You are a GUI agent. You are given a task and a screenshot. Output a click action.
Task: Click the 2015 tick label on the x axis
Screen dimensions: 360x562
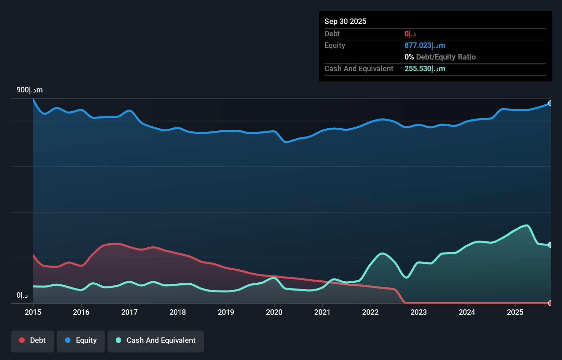tap(33, 312)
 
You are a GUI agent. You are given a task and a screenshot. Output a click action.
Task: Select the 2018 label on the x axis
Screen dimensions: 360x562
tap(178, 312)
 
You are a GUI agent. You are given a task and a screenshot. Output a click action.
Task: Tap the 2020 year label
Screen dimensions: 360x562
tap(274, 312)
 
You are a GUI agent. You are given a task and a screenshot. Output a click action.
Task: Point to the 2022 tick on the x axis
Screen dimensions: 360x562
tap(370, 312)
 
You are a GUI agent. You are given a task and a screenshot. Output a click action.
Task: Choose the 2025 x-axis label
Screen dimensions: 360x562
tap(515, 312)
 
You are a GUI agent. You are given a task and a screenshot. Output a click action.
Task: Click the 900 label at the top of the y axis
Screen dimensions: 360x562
tap(29, 90)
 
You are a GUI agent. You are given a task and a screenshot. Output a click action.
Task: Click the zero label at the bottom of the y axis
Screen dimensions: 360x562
tap(22, 295)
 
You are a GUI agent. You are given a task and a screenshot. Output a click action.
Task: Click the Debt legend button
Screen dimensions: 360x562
tap(33, 340)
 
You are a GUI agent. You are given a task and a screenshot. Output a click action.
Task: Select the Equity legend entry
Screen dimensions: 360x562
tap(81, 340)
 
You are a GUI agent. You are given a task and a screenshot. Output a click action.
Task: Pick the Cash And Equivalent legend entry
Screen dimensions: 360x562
tap(156, 340)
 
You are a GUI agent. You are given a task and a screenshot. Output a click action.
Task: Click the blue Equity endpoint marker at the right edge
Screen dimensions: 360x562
tap(550, 103)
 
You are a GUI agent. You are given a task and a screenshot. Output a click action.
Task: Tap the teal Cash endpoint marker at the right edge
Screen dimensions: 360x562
tap(550, 245)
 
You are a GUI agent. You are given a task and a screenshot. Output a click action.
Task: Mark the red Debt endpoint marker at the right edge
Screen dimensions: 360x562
tap(550, 303)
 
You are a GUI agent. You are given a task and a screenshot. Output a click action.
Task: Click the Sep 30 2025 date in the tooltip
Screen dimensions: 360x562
tap(345, 21)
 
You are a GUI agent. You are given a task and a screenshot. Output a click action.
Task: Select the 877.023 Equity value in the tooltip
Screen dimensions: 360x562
tap(424, 46)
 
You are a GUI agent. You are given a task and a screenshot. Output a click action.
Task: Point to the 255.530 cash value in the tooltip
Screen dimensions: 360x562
tap(424, 69)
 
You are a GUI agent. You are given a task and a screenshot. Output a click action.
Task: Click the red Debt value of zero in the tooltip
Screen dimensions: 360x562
tap(410, 34)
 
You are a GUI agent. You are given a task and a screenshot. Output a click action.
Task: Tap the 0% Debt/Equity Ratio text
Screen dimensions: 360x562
tap(440, 57)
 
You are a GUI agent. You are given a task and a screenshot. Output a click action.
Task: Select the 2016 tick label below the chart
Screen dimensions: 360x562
tap(81, 312)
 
